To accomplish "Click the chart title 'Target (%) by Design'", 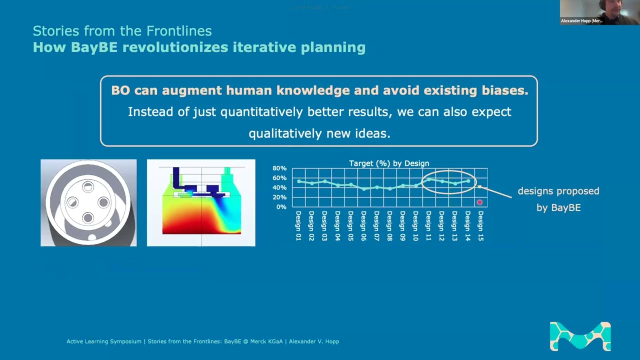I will [389, 163].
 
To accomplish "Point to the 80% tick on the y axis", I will [279, 168].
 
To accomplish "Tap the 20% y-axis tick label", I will [279, 197].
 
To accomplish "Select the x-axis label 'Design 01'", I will [298, 226].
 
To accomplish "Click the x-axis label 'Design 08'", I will [389, 226].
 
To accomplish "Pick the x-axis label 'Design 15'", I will [480, 226].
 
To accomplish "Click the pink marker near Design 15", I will [479, 202].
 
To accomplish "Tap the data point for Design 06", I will [363, 189].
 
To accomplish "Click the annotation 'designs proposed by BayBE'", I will [558, 199].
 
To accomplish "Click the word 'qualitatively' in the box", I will [285, 133].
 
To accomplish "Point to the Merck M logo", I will [580, 336].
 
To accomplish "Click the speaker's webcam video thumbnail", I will [599, 12].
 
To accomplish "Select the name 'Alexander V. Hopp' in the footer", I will [313, 341].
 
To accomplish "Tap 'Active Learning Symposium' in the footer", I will [104, 341].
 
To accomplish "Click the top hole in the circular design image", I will [88, 187].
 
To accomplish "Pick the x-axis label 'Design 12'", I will [441, 226].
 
